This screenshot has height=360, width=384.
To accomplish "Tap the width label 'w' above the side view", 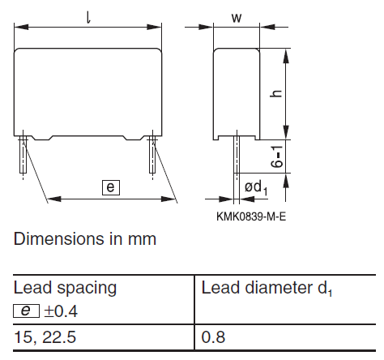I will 237,17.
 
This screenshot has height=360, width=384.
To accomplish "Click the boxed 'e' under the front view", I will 111,187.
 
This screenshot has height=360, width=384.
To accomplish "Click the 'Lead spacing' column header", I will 65,287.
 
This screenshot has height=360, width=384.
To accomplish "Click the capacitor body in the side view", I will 237,91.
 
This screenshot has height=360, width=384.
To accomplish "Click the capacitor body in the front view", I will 88,91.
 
